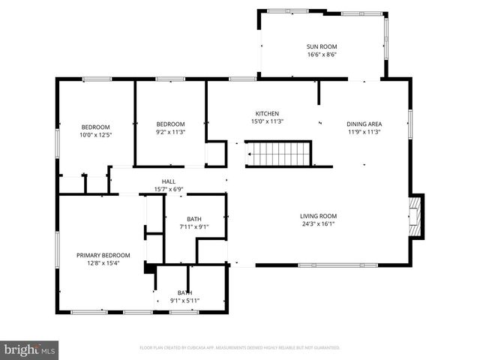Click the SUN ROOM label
pyautogui.click(x=322, y=46)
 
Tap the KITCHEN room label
pyautogui.click(x=267, y=113)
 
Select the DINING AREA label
pyautogui.click(x=364, y=124)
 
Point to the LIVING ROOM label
pyautogui.click(x=319, y=216)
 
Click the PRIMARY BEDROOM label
pyautogui.click(x=103, y=255)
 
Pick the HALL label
pyautogui.click(x=169, y=181)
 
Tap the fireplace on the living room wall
pyautogui.click(x=416, y=215)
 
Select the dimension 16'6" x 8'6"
pyautogui.click(x=322, y=54)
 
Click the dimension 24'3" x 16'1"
pyautogui.click(x=319, y=223)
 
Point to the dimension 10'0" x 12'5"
pyautogui.click(x=96, y=135)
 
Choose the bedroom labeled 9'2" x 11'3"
pyautogui.click(x=170, y=127)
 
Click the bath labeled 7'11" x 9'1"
pyautogui.click(x=194, y=223)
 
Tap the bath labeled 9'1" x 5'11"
pyautogui.click(x=184, y=296)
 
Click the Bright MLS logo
pyautogui.click(x=30, y=350)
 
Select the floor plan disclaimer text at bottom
pyautogui.click(x=240, y=348)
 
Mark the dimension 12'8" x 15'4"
pyautogui.click(x=103, y=263)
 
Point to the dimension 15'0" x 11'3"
pyautogui.click(x=267, y=121)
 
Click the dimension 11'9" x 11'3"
pyautogui.click(x=364, y=132)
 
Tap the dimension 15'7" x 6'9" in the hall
pyautogui.click(x=169, y=189)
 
